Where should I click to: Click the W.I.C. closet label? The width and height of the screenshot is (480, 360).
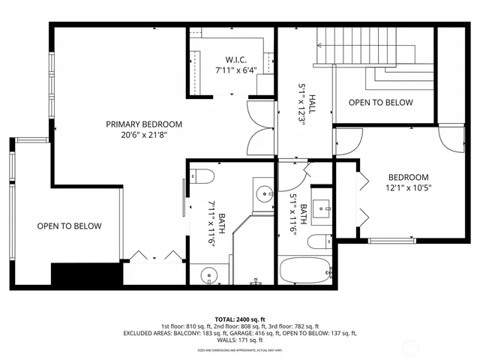tap(231, 59)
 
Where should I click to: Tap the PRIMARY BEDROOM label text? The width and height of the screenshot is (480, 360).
tap(143, 124)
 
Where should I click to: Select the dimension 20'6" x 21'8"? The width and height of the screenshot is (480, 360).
tap(143, 136)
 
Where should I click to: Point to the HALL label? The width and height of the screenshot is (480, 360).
tap(303, 97)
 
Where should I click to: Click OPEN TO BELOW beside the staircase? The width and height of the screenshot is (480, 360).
tap(380, 103)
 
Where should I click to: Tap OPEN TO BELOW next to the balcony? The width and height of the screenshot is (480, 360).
tap(69, 226)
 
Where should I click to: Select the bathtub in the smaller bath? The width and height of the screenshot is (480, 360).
tap(304, 271)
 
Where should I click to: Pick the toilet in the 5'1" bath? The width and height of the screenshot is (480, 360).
tap(318, 241)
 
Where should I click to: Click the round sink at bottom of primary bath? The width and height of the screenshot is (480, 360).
tap(209, 276)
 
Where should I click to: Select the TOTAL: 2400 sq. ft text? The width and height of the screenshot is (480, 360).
tap(239, 318)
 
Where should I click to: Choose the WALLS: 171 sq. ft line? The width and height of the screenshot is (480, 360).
tap(239, 340)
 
